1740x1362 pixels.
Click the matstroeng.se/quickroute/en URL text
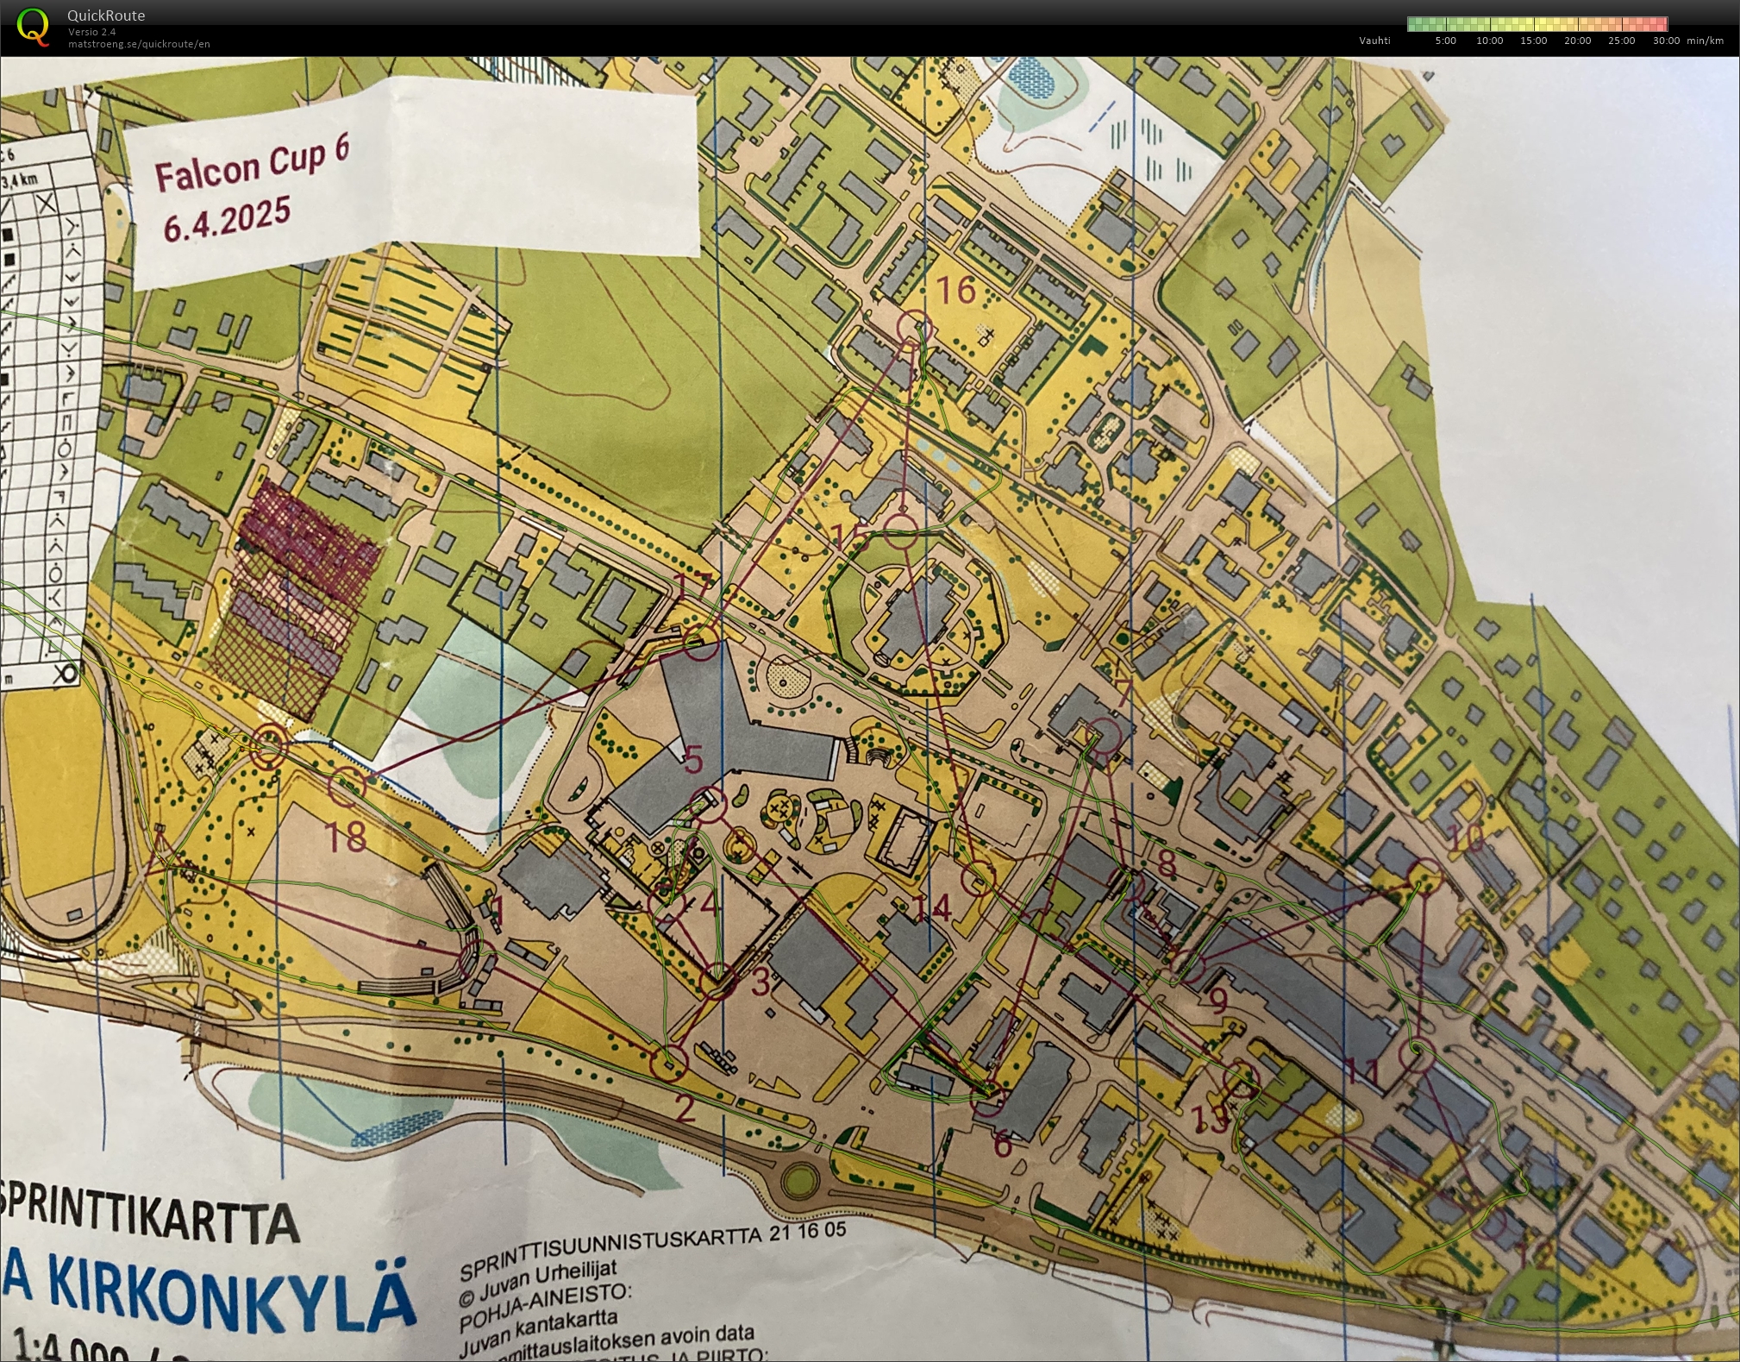click(139, 44)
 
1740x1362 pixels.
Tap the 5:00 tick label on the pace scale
click(1445, 41)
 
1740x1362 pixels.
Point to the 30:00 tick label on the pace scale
click(1666, 41)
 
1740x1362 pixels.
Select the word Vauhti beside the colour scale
click(1374, 41)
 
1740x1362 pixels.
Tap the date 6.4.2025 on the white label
click(227, 219)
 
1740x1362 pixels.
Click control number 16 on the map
click(955, 291)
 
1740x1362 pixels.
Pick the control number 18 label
click(347, 836)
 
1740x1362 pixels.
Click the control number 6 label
click(1002, 1145)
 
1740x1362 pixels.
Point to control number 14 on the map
click(932, 907)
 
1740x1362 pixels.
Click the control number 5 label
click(693, 760)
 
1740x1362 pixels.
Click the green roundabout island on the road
click(800, 1179)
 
